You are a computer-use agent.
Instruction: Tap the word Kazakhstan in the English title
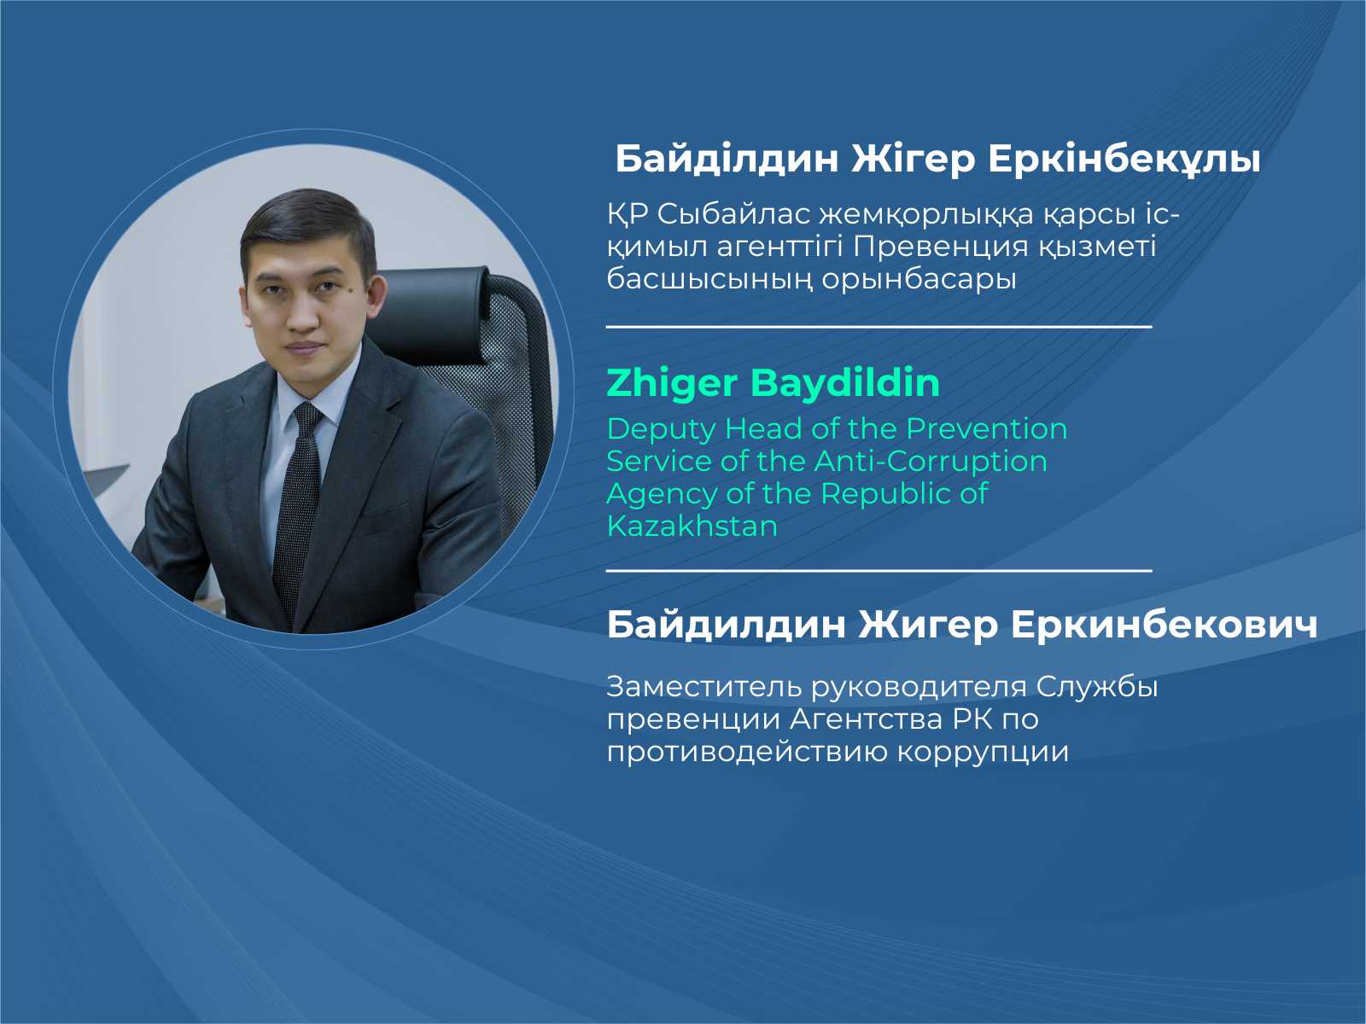[692, 526]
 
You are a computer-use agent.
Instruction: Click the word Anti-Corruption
[931, 462]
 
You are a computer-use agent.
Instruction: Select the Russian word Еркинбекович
[1164, 625]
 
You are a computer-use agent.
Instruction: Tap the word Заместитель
[704, 687]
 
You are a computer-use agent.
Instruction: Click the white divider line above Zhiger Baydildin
[879, 327]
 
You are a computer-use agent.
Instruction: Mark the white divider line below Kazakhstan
[879, 569]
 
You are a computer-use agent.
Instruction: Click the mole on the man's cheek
[349, 290]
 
